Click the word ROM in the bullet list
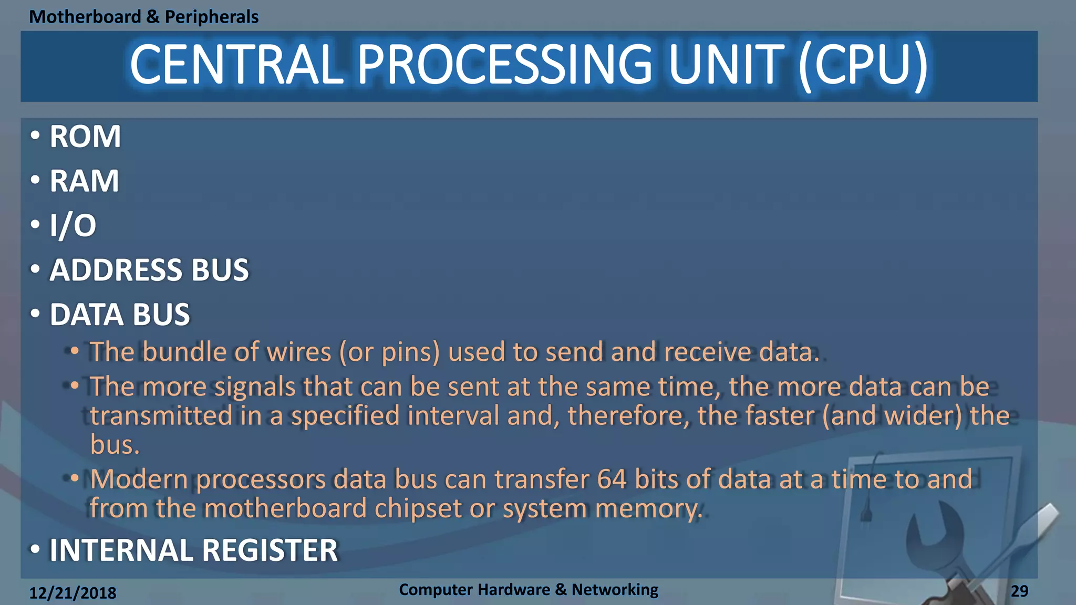coord(85,137)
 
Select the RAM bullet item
coord(84,181)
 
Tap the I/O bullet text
coord(73,226)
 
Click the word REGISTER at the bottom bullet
coord(270,550)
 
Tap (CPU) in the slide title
coord(863,65)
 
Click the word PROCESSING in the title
coord(504,65)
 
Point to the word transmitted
coord(161,416)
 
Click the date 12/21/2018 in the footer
coord(73,593)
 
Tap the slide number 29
coord(1019,591)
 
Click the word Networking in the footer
coord(615,590)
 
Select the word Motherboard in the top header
coord(85,17)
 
